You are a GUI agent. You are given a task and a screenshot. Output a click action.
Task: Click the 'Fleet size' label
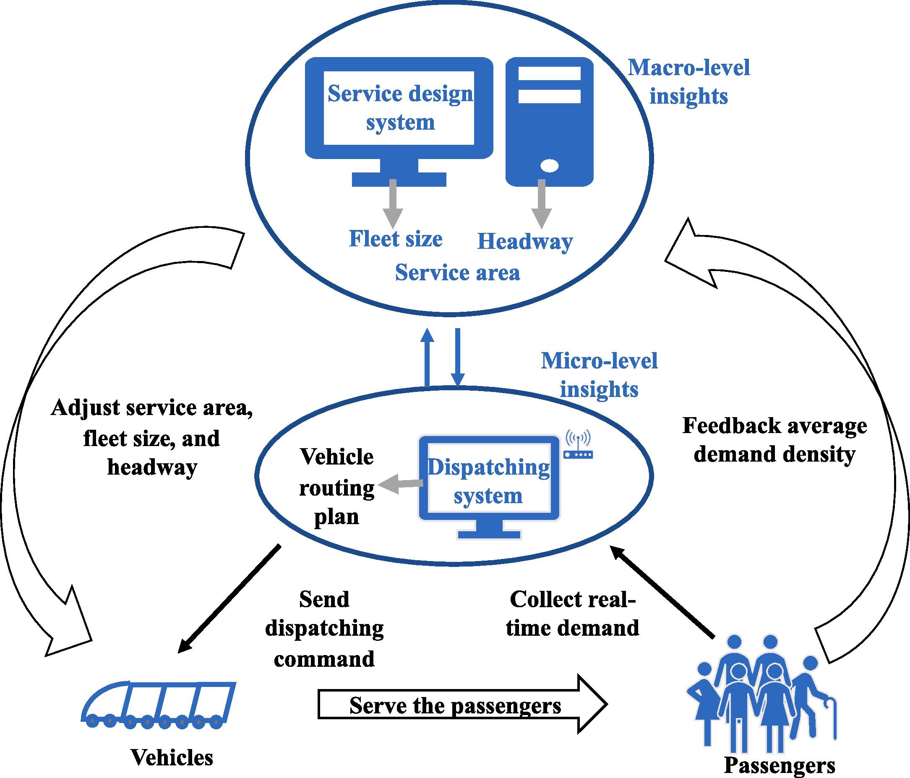click(395, 239)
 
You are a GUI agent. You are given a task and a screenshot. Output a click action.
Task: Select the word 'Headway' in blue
click(525, 242)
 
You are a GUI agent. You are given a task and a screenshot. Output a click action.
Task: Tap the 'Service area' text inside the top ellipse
click(457, 273)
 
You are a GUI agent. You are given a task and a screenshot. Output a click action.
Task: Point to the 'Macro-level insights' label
click(688, 82)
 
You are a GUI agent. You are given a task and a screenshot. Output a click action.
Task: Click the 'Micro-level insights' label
click(599, 375)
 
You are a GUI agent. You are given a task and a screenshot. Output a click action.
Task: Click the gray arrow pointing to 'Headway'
click(542, 204)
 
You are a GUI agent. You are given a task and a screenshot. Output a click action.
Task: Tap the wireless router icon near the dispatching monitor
click(578, 446)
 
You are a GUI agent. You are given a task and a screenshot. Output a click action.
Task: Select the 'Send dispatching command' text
click(324, 629)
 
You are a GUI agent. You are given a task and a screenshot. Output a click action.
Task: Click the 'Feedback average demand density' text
click(774, 440)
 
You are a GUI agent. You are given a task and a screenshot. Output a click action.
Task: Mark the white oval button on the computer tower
click(550, 166)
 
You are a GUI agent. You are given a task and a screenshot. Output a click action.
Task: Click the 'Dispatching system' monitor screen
click(488, 481)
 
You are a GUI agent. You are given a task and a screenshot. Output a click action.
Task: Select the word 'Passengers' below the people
click(779, 765)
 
